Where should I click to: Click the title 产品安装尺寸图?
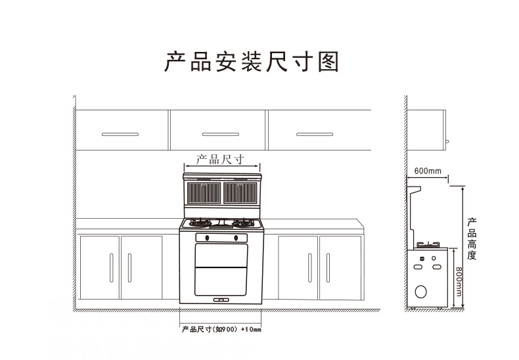252,62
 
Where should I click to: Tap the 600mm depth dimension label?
428,171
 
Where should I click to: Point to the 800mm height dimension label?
459,282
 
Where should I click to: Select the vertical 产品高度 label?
472,238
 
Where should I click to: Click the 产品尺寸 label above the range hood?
221,160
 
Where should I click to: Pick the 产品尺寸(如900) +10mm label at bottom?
221,330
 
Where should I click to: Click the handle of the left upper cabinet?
120,134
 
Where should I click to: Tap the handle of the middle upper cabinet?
221,134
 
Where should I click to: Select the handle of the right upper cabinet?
315,134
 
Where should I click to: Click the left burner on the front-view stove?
200,223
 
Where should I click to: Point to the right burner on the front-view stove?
243,223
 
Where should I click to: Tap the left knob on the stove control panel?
207,238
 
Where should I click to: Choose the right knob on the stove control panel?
236,238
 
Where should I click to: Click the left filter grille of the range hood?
204,192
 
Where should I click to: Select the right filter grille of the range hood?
240,192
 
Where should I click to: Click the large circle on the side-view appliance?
420,292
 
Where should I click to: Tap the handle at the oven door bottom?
221,300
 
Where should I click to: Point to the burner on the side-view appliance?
428,245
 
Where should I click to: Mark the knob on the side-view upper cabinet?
447,142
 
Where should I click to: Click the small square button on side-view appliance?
422,259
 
